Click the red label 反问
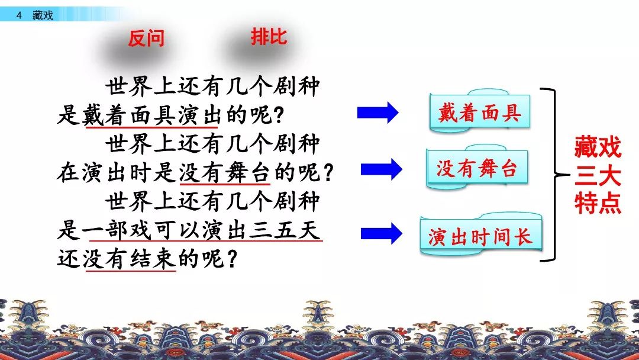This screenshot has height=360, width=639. click(146, 38)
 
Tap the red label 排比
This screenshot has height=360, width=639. click(269, 37)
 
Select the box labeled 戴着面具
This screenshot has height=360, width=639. click(480, 111)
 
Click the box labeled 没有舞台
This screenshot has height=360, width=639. click(477, 167)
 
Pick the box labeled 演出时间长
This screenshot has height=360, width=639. click(481, 235)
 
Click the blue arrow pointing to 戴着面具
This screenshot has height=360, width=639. click(377, 112)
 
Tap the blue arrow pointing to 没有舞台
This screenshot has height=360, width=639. click(382, 169)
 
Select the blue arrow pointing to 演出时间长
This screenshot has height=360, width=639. click(382, 234)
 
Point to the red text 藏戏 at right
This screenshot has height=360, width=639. click(598, 147)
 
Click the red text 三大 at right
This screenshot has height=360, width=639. click(598, 175)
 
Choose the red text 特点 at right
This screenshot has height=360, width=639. click(598, 203)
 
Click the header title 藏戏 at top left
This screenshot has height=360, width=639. click(43, 15)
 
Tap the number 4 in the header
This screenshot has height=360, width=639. click(19, 15)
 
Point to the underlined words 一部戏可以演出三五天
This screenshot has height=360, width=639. click(202, 230)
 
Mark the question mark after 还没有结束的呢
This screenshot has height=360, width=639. click(231, 259)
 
